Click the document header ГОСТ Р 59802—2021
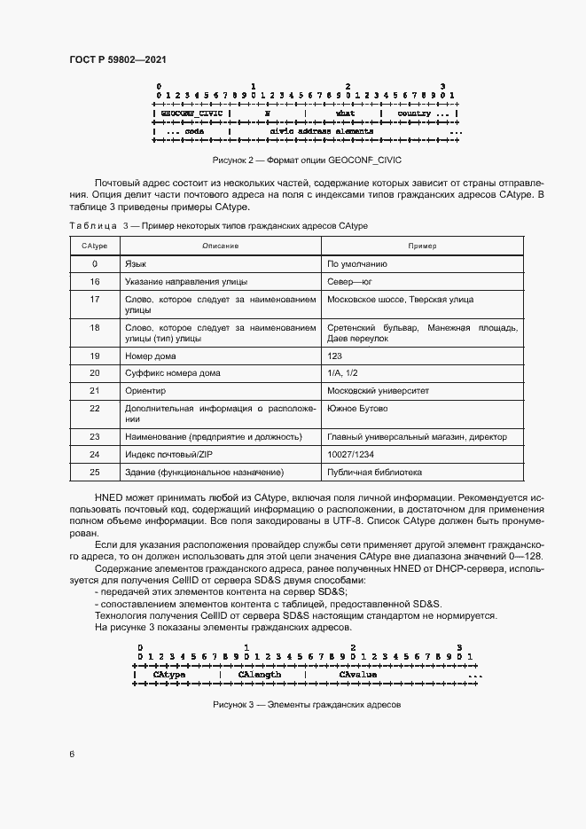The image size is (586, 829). click(x=118, y=59)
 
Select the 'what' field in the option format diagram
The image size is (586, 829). click(x=345, y=114)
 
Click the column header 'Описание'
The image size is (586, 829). click(x=220, y=246)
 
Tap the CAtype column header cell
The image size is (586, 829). click(x=95, y=246)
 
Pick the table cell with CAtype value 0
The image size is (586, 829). click(x=95, y=263)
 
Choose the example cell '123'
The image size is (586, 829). click(x=334, y=355)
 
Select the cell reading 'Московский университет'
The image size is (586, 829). click(x=378, y=390)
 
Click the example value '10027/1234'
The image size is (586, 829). click(x=349, y=454)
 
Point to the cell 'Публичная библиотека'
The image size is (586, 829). click(x=374, y=472)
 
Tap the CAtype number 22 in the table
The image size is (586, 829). click(x=95, y=409)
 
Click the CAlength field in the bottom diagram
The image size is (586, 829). click(x=260, y=675)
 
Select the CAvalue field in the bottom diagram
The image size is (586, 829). click(x=358, y=675)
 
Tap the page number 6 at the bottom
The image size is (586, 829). click(x=73, y=754)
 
